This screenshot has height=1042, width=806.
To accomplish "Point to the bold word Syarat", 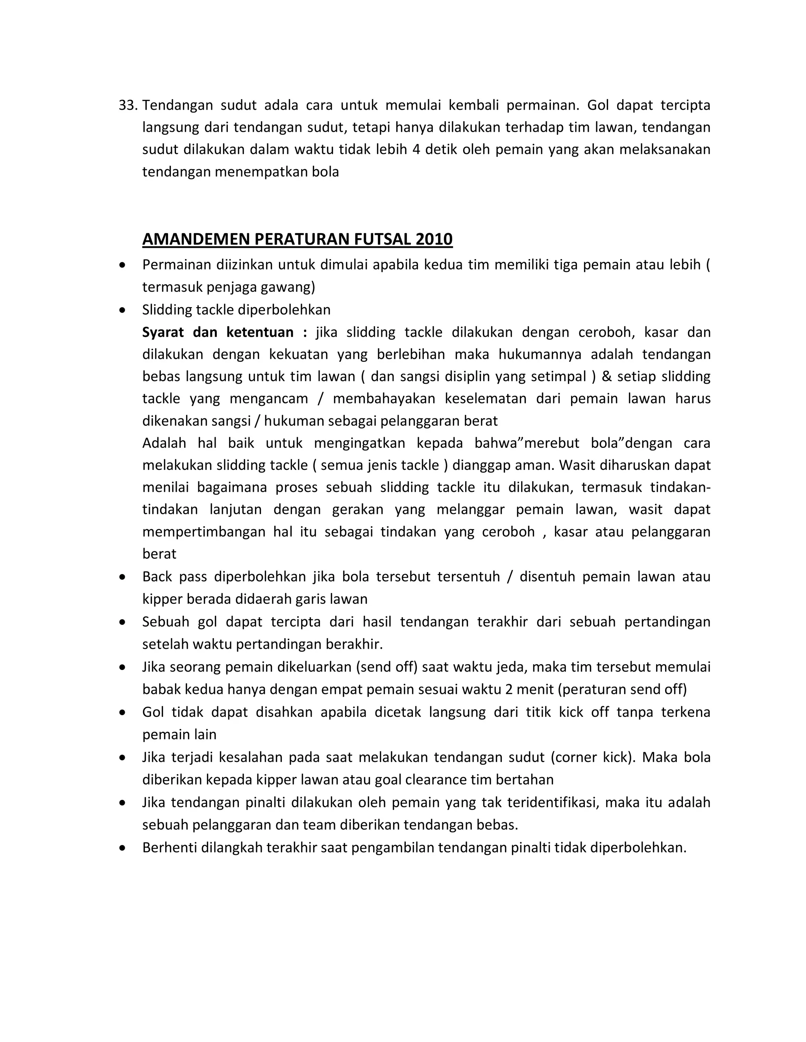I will [x=163, y=332].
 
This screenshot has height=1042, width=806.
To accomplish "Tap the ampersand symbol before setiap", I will [x=606, y=376].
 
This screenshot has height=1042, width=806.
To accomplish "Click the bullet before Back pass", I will [x=123, y=577].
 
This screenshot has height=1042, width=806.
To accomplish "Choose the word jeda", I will [x=511, y=667].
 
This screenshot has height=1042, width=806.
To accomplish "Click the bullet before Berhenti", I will [x=123, y=848].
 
